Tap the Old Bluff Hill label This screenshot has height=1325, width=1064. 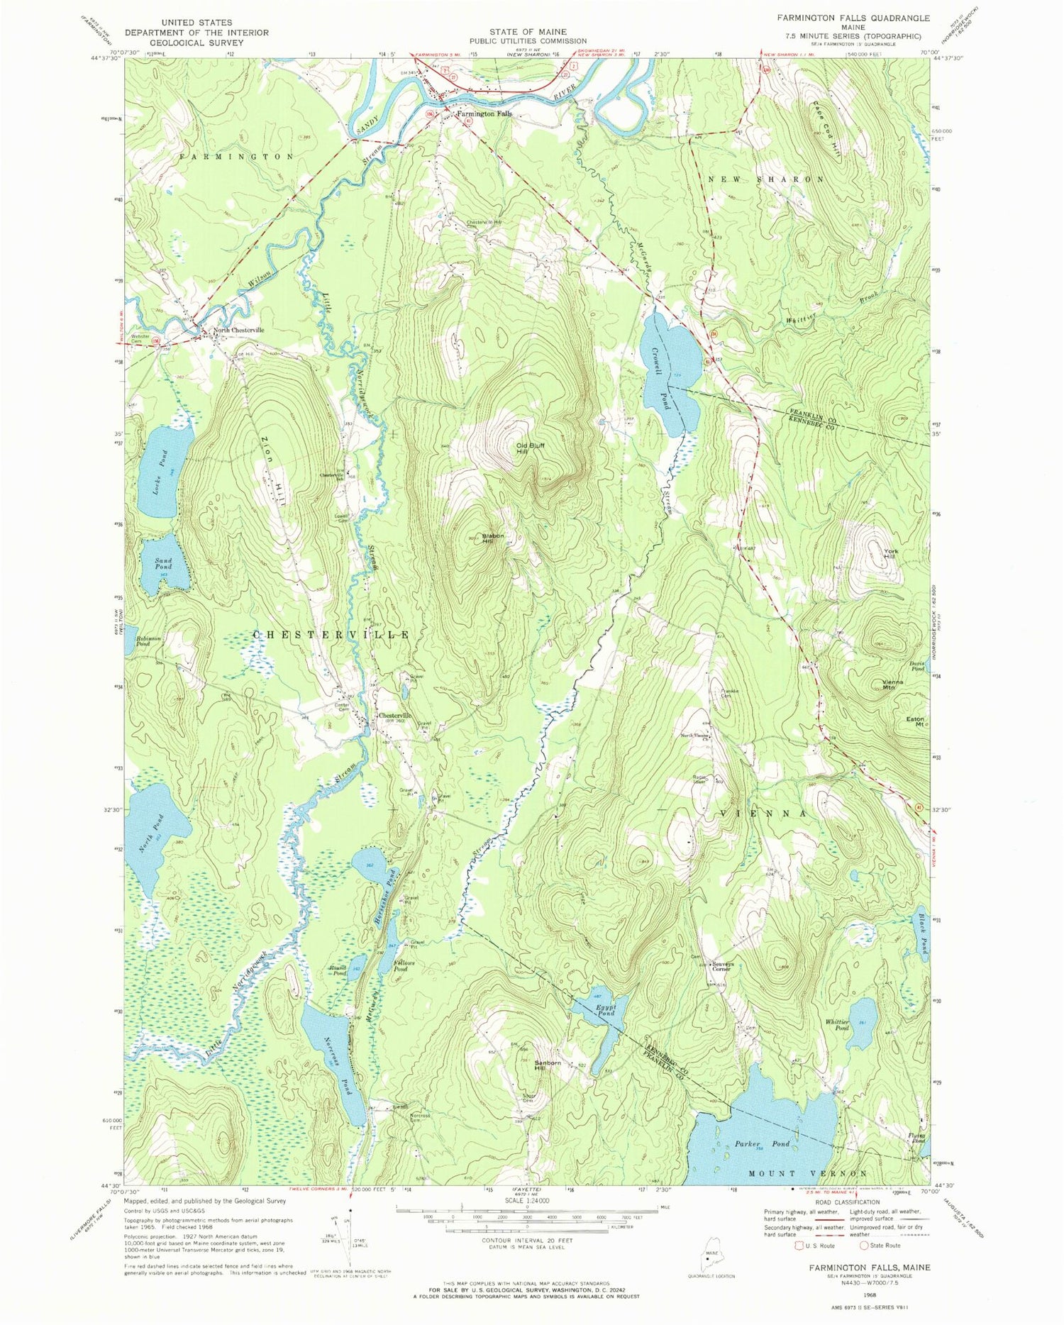[531, 448]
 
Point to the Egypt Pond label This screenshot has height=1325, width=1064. [604, 1010]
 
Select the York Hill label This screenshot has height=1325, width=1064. [889, 553]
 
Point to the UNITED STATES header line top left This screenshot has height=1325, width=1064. [197, 23]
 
